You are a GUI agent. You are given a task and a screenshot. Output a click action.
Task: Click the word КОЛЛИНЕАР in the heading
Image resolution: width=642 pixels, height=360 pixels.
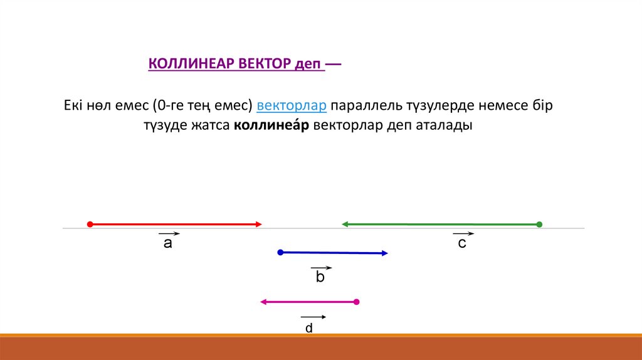(191, 63)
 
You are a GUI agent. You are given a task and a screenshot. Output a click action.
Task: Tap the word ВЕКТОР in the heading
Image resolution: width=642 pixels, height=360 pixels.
(265, 63)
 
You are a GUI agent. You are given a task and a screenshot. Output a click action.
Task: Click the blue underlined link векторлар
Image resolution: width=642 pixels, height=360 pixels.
(292, 105)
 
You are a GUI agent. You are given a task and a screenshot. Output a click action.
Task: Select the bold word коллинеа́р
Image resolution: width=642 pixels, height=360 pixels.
(271, 125)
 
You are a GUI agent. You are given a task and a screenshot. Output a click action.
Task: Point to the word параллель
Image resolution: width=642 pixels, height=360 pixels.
(366, 105)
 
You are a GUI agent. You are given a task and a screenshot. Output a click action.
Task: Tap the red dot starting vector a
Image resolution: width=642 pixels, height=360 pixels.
(90, 224)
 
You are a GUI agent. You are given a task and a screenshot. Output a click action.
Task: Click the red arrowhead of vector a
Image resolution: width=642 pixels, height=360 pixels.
(259, 224)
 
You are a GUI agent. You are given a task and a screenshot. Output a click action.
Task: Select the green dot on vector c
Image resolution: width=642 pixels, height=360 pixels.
(539, 225)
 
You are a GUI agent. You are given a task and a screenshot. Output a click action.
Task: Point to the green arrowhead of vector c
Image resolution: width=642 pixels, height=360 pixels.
(345, 224)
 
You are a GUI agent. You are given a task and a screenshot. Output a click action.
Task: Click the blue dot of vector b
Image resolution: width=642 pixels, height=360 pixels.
(280, 252)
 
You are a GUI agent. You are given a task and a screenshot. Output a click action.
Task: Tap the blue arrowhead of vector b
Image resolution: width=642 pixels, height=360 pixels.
(385, 253)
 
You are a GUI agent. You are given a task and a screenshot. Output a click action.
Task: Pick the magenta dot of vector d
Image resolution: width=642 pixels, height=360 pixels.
(357, 302)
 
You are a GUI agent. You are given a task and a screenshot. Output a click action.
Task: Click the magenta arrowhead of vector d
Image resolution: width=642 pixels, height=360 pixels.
(263, 302)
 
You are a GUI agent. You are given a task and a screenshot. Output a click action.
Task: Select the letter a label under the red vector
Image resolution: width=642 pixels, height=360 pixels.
(168, 243)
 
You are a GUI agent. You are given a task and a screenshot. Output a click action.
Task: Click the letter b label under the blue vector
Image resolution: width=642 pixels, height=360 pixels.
(320, 277)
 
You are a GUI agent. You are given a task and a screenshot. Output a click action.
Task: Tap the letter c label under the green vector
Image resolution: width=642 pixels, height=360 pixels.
(462, 243)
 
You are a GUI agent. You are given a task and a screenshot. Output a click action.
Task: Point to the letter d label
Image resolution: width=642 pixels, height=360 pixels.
(309, 327)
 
